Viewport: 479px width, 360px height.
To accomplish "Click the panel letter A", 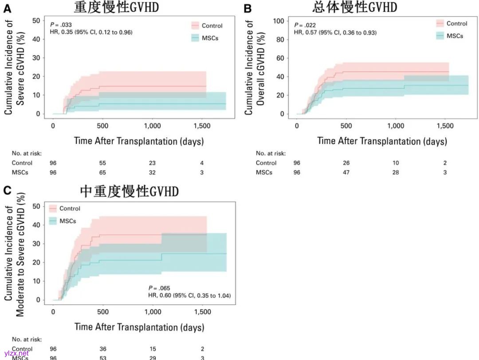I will coord(7,8).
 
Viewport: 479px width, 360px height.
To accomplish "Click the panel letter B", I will coord(247,8).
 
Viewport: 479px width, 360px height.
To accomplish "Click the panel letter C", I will coord(7,191).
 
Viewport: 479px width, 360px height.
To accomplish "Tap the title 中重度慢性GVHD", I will coord(129,191).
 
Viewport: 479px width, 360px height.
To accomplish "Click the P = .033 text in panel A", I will coord(61,25).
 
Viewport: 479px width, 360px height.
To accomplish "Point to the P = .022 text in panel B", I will coord(304,25).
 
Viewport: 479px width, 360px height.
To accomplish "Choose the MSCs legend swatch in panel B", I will coord(440,36).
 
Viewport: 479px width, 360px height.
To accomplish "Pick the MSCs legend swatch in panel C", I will coord(53,221).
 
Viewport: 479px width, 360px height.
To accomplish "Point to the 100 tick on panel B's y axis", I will coord(278,20).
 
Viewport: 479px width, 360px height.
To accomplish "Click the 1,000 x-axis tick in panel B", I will coord(396,126).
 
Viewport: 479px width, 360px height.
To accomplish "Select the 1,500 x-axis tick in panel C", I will coord(202,312).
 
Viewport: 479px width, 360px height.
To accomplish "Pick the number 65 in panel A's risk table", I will coord(102,172).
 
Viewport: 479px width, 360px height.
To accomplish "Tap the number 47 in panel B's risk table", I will coord(346,172).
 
